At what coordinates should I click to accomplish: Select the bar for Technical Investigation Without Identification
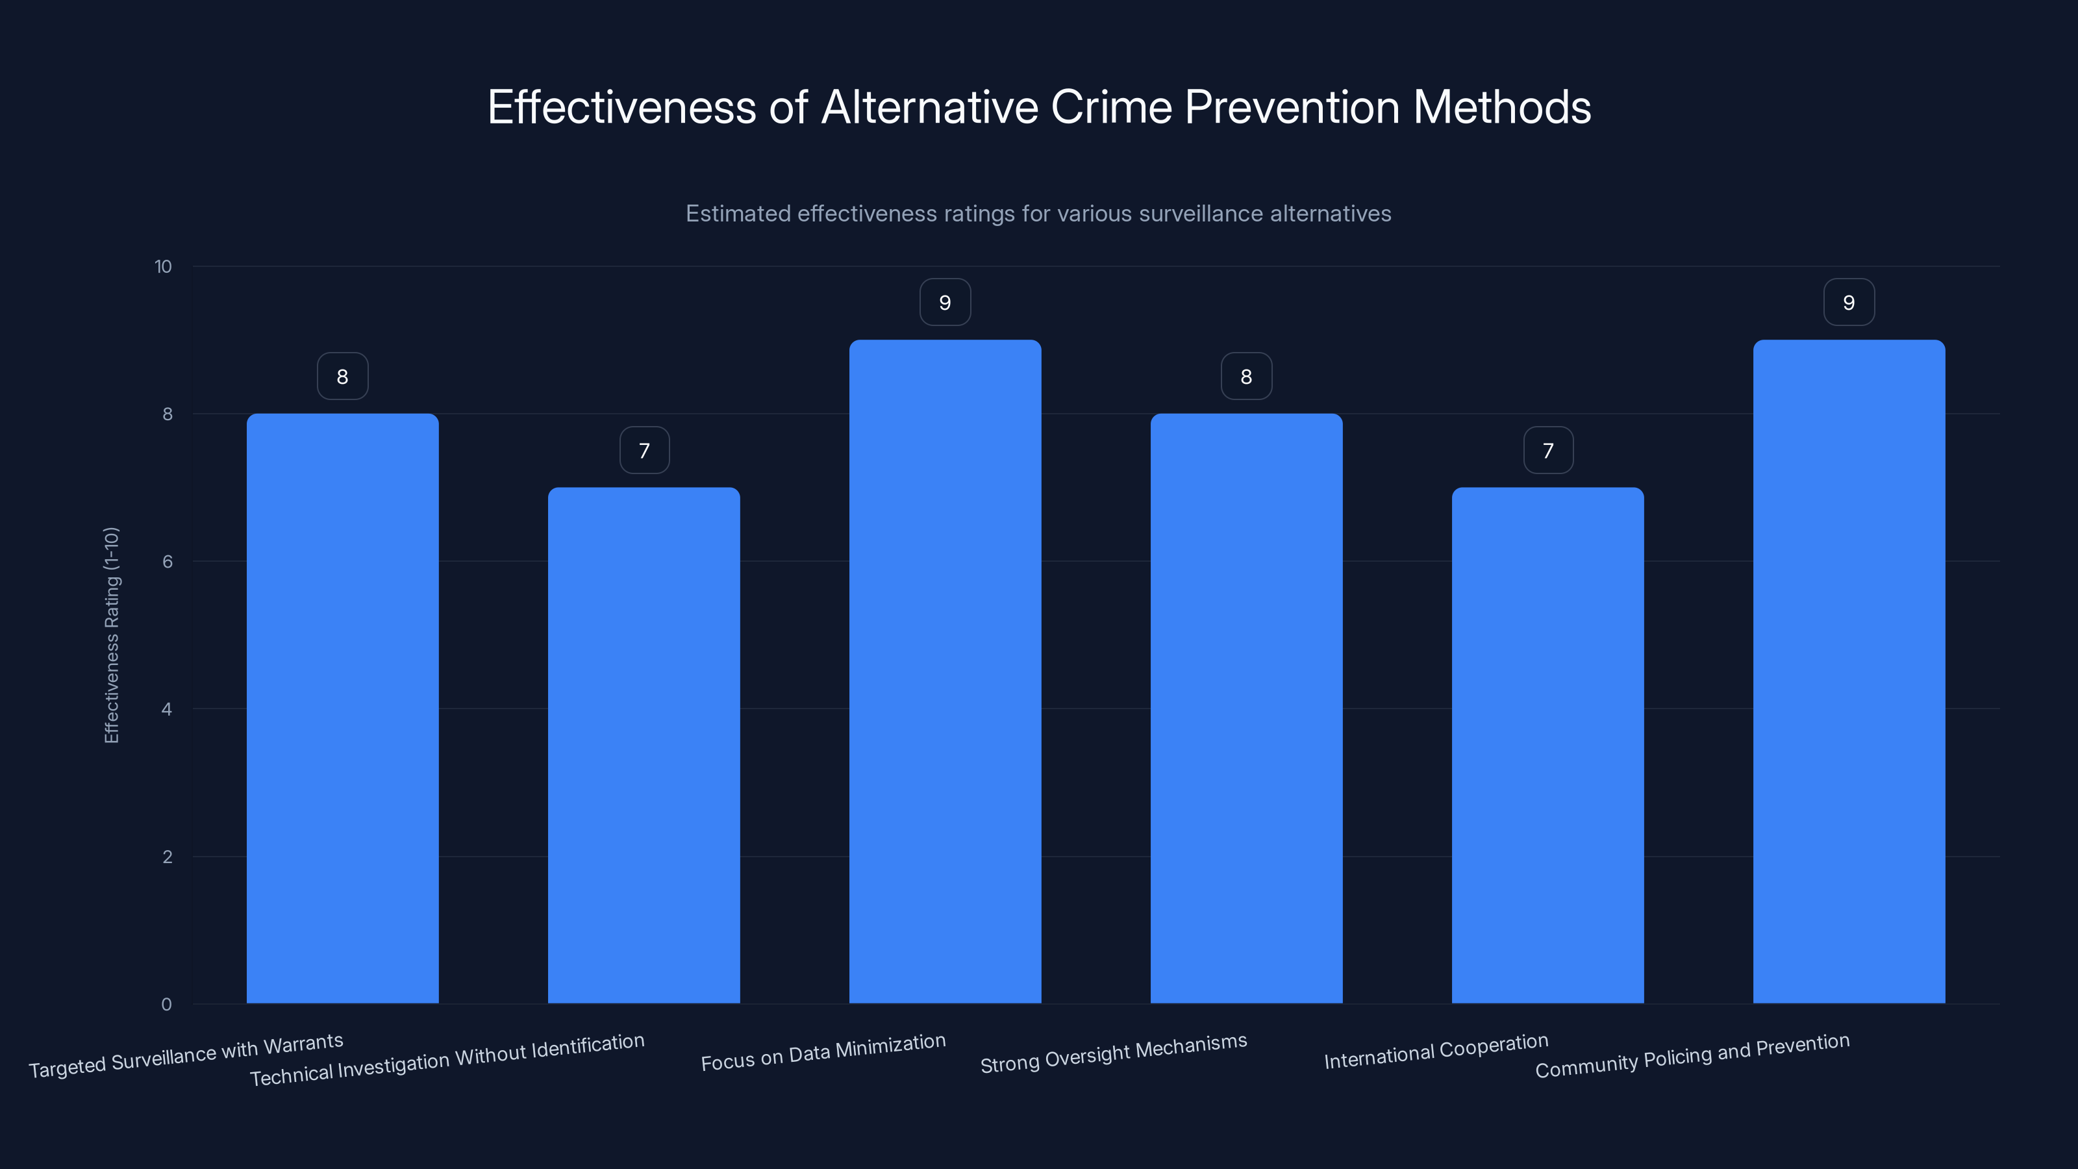point(644,746)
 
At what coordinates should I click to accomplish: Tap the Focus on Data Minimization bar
point(945,672)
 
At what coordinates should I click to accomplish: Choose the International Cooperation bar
point(1547,746)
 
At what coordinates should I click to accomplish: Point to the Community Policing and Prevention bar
point(1849,672)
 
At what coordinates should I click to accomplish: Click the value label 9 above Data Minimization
point(945,303)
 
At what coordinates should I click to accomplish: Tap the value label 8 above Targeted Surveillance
point(342,377)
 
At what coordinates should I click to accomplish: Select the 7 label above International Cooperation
point(1547,450)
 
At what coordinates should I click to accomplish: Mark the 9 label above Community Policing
point(1849,303)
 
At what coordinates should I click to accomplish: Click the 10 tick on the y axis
point(163,267)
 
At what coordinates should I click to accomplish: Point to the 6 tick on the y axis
point(167,562)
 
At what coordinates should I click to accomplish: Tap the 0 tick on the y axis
point(166,1005)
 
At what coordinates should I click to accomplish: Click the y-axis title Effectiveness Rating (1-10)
point(111,635)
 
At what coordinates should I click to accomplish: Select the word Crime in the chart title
point(1111,107)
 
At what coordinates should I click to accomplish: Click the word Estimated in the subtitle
point(737,214)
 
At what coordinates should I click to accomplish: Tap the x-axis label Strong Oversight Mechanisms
point(1113,1053)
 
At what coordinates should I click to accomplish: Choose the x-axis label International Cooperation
point(1436,1051)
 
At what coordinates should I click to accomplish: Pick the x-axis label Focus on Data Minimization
point(823,1053)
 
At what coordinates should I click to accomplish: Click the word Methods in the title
point(1501,107)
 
